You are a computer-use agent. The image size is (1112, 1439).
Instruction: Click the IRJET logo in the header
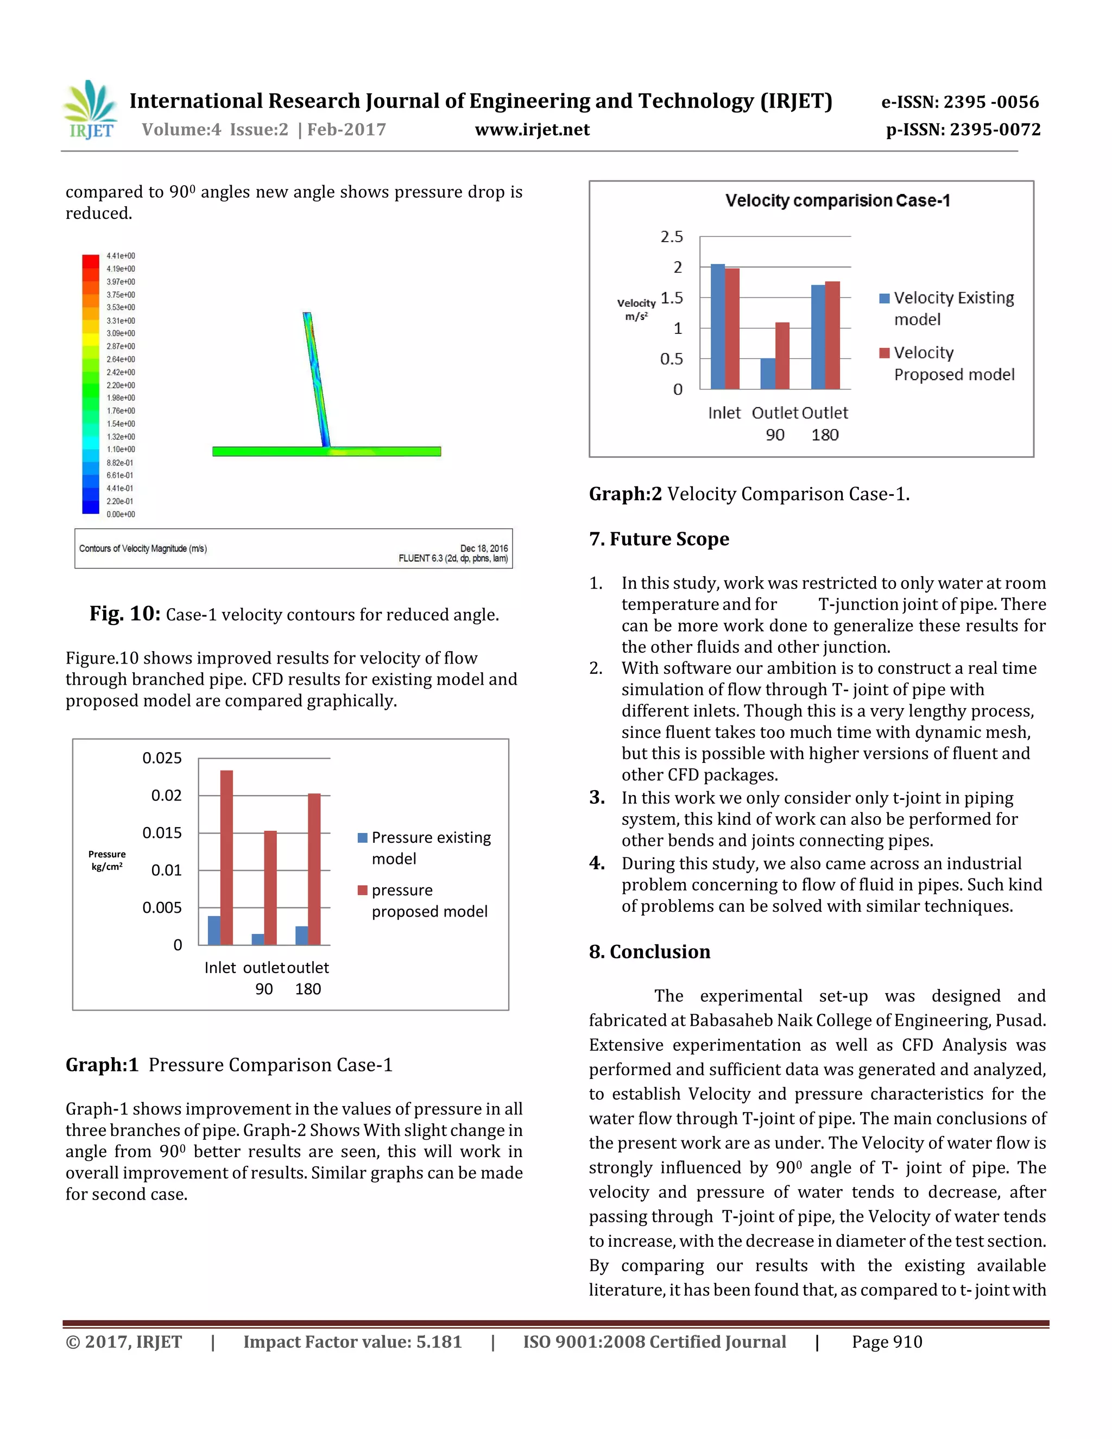(91, 110)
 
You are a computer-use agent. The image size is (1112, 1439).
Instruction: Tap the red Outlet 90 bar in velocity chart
(782, 355)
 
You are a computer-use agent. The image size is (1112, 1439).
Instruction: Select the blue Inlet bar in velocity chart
(717, 326)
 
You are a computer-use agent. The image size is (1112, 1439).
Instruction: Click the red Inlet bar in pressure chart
(226, 856)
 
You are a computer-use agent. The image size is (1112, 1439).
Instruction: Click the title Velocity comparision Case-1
(837, 200)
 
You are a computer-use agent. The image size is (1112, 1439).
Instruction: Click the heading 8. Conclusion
(649, 951)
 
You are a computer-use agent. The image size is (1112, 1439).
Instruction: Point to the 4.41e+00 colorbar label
(121, 256)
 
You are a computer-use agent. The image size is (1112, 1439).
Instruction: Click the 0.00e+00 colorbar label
(121, 514)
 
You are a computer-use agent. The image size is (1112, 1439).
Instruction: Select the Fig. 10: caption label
(125, 614)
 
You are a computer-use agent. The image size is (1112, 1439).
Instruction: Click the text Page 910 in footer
(887, 1342)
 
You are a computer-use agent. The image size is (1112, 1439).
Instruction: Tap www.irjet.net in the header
(532, 129)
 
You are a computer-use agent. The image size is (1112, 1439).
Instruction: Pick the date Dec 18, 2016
(484, 548)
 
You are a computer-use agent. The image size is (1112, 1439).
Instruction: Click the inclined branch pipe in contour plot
(316, 379)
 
